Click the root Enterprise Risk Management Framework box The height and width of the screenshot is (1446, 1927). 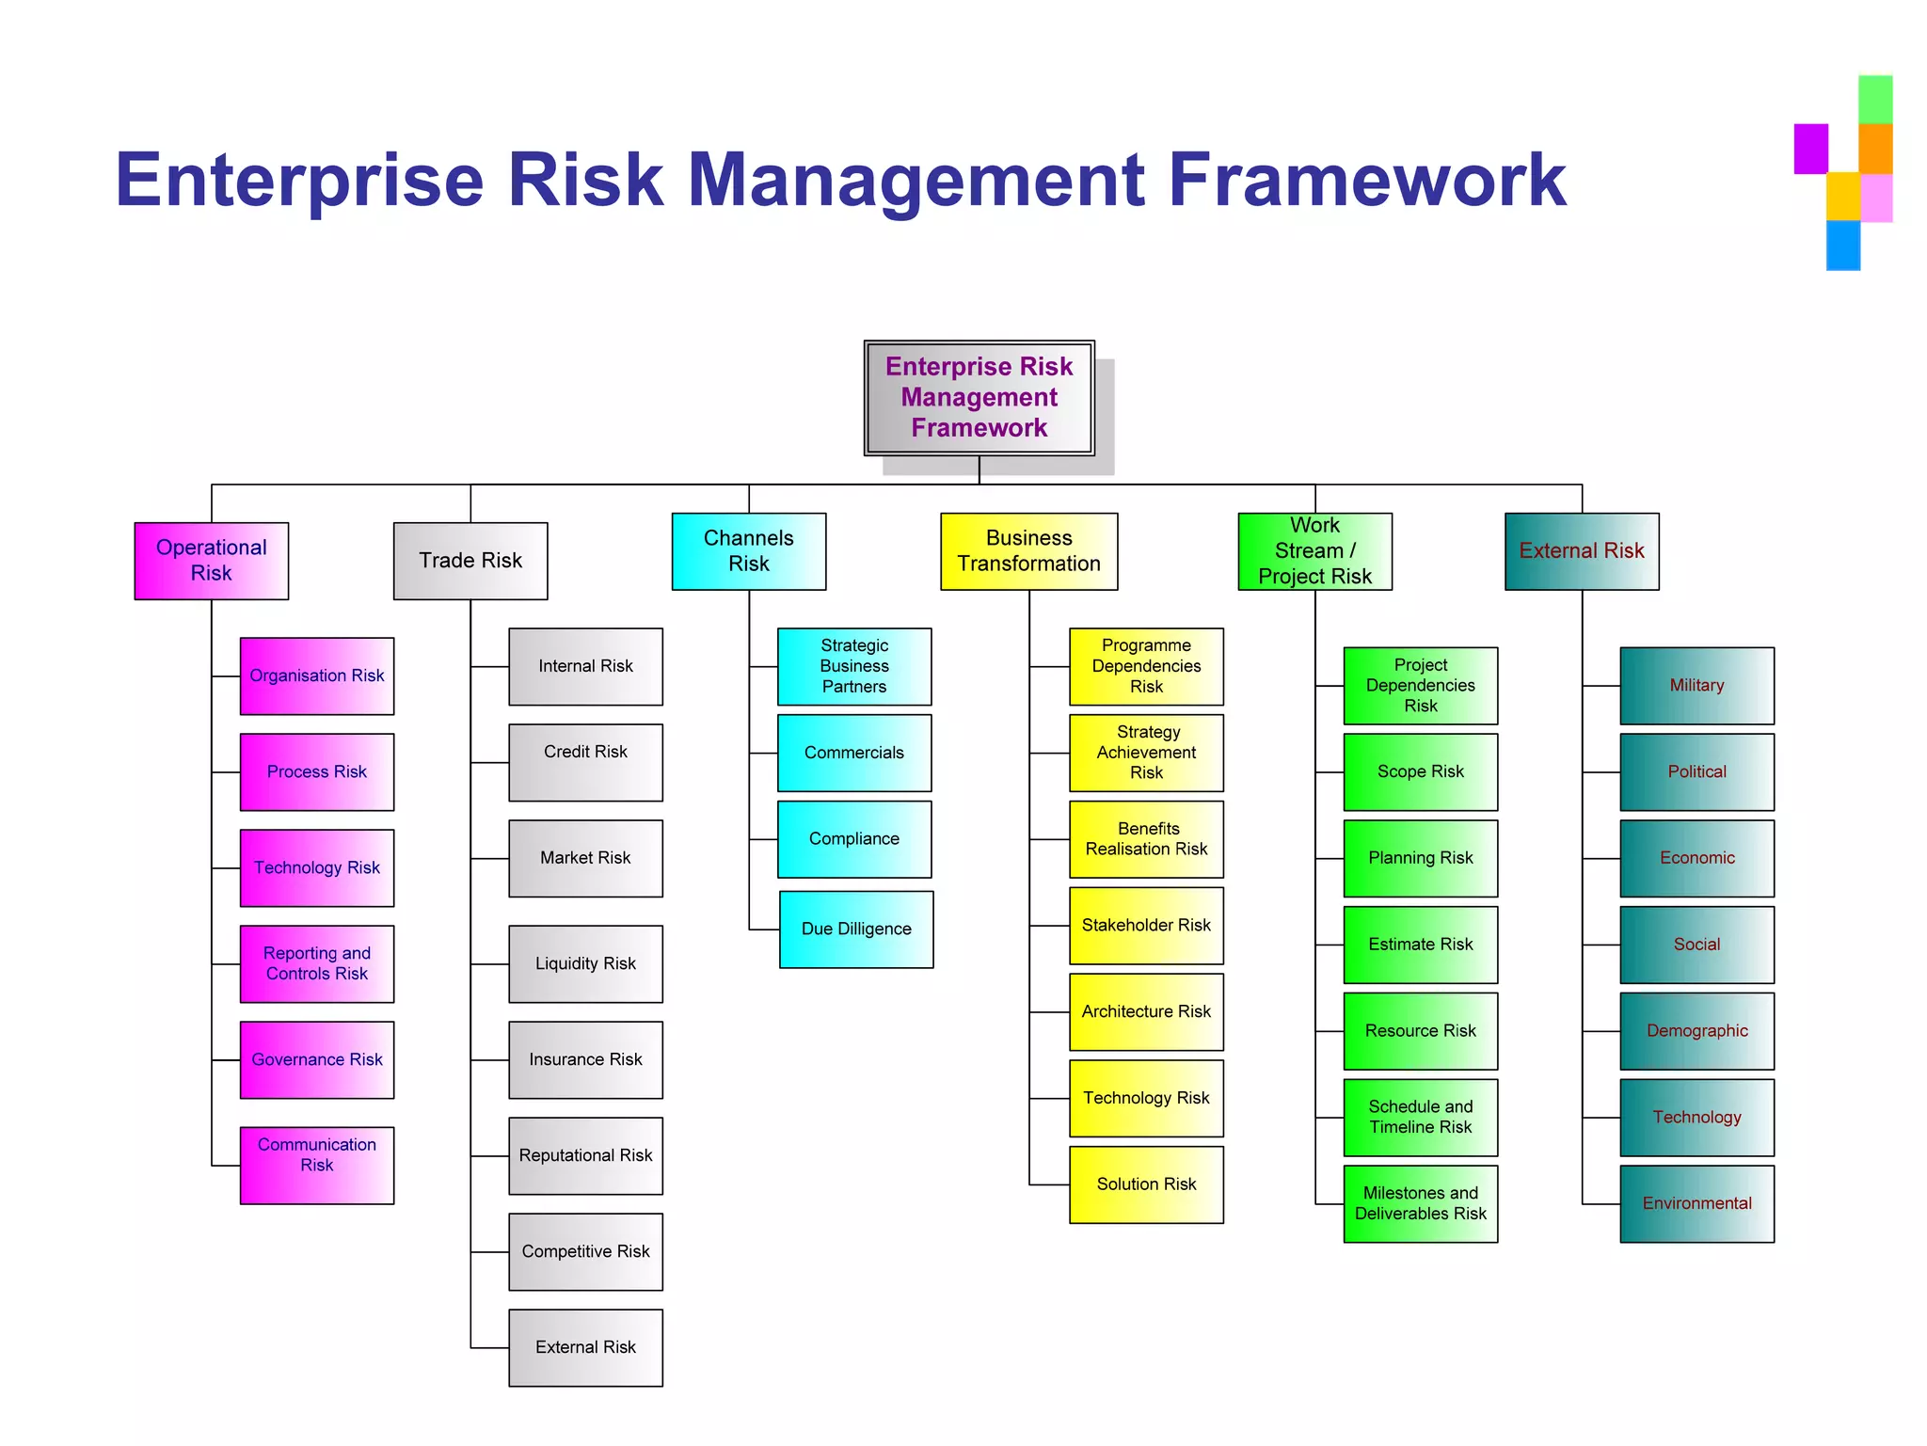[979, 398]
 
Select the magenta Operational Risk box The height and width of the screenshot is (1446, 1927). [211, 561]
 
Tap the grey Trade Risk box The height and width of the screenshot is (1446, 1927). [470, 561]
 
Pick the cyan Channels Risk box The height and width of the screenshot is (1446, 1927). [748, 551]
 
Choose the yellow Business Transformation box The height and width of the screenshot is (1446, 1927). [1028, 551]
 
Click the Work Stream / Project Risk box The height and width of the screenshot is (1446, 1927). [1314, 551]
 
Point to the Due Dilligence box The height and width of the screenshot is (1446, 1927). [856, 930]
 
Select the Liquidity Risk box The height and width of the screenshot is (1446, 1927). [585, 964]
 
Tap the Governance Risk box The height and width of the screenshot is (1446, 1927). [316, 1060]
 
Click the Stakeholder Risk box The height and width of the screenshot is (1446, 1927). [1146, 926]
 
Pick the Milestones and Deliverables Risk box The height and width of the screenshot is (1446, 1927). [1420, 1204]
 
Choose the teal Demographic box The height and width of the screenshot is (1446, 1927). [1696, 1031]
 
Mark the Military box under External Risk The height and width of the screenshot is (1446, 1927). [1696, 686]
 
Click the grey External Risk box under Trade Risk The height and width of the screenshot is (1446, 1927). [585, 1348]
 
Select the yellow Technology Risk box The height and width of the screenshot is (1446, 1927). [1146, 1099]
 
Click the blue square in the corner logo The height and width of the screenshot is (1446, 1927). [1842, 246]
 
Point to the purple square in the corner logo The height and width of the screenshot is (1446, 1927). [1810, 149]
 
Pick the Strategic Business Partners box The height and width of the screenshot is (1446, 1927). [853, 666]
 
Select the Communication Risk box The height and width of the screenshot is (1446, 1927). [316, 1166]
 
